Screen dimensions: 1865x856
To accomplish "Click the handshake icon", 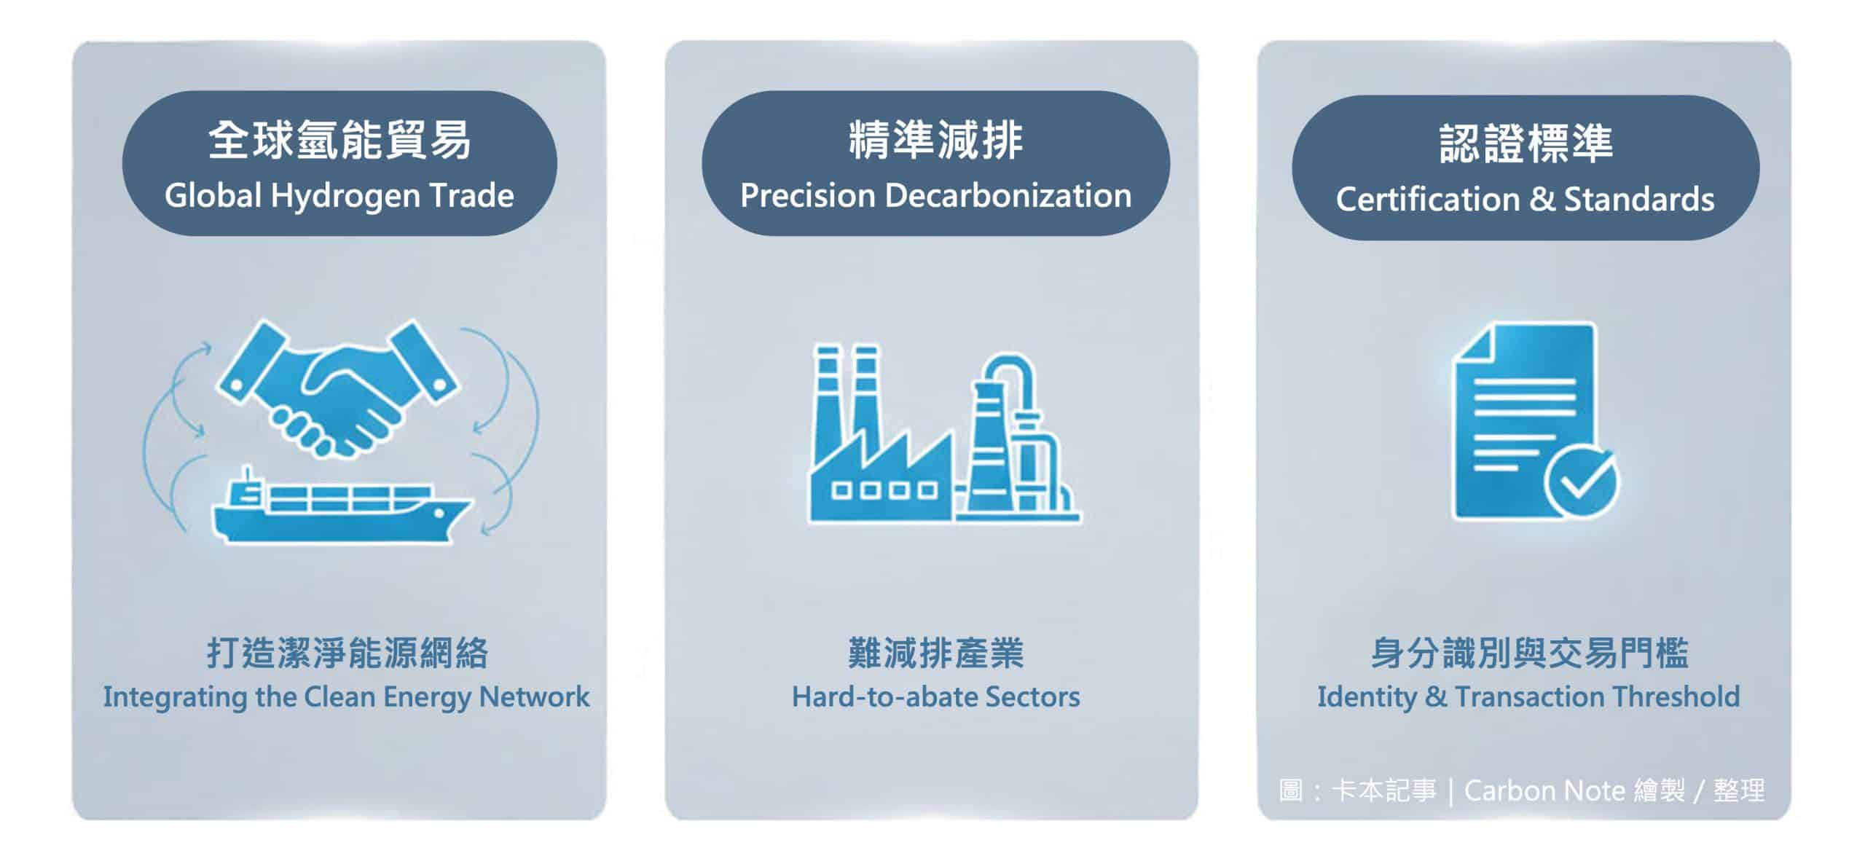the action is (x=338, y=386).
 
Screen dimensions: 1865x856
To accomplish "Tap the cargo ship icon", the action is (x=341, y=507).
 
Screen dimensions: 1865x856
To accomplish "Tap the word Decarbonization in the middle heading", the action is (x=1008, y=195).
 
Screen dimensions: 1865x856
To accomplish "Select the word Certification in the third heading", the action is (x=1429, y=200).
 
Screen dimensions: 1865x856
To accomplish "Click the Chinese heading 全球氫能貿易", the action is (x=339, y=141).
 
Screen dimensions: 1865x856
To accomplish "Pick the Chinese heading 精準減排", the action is (x=936, y=141).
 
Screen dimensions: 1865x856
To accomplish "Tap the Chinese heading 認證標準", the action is (x=1526, y=144).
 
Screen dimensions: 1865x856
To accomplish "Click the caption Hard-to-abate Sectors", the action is (x=936, y=697).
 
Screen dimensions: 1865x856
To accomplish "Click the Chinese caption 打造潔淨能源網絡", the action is (x=348, y=653).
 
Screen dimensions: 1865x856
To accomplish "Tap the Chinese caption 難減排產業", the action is (x=936, y=653).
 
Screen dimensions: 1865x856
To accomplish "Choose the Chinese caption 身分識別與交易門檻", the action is (x=1529, y=653).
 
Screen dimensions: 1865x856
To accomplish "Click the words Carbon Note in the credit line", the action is (x=1544, y=790).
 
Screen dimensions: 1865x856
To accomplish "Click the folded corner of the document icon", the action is (x=1473, y=343).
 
